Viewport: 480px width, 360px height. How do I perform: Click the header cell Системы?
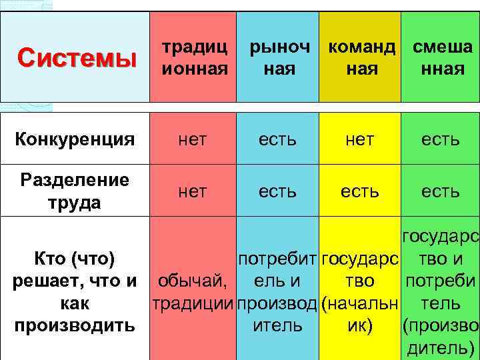75,57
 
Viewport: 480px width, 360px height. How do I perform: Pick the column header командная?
361,57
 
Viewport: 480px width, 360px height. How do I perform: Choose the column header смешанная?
441,57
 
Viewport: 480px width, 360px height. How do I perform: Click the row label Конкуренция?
75,139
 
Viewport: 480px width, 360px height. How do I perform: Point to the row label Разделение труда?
75,191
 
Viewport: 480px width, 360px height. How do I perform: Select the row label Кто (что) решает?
75,292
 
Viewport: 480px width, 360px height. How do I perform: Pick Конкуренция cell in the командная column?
361,139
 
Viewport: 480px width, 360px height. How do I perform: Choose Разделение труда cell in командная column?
361,191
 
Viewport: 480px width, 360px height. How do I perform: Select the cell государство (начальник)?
361,292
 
